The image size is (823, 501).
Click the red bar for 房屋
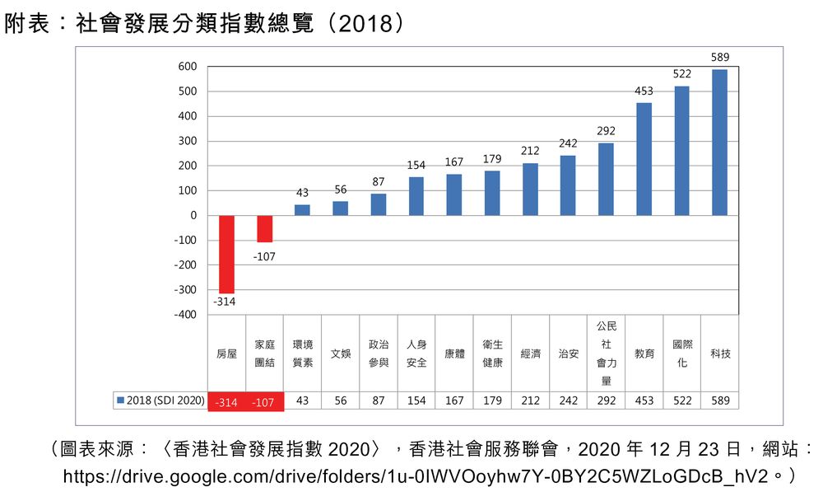226,254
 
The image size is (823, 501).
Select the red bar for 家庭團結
264,228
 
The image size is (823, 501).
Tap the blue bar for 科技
719,142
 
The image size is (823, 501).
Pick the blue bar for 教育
644,159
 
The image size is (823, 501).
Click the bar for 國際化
681,150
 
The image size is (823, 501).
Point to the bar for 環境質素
302,209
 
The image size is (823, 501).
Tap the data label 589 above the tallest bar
720,57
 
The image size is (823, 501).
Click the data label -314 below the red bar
225,302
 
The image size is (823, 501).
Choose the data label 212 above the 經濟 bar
530,151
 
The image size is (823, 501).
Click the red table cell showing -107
264,401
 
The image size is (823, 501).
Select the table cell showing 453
644,400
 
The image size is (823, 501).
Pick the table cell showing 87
379,400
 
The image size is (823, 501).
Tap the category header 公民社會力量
606,354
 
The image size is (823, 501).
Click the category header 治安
568,354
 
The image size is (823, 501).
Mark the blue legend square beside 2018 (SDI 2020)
120,400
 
